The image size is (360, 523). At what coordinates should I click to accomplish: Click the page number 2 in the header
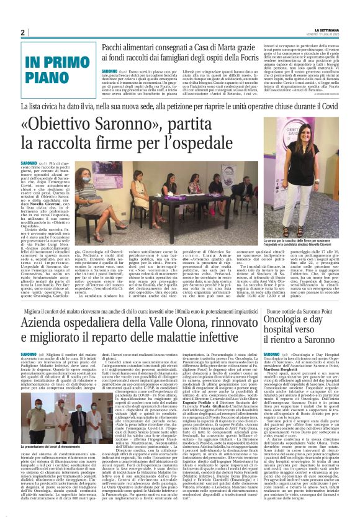22,32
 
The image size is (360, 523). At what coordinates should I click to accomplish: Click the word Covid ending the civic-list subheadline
330,107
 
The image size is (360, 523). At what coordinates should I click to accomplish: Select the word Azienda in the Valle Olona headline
47,322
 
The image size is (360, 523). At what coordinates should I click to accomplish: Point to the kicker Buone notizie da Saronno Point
308,310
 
